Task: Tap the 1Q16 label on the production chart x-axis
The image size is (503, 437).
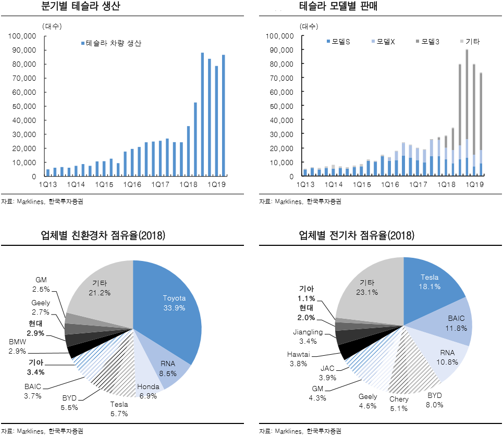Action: coord(132,185)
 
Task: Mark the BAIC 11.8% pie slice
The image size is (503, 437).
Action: coord(453,323)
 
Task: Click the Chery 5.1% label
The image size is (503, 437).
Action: coord(398,404)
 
